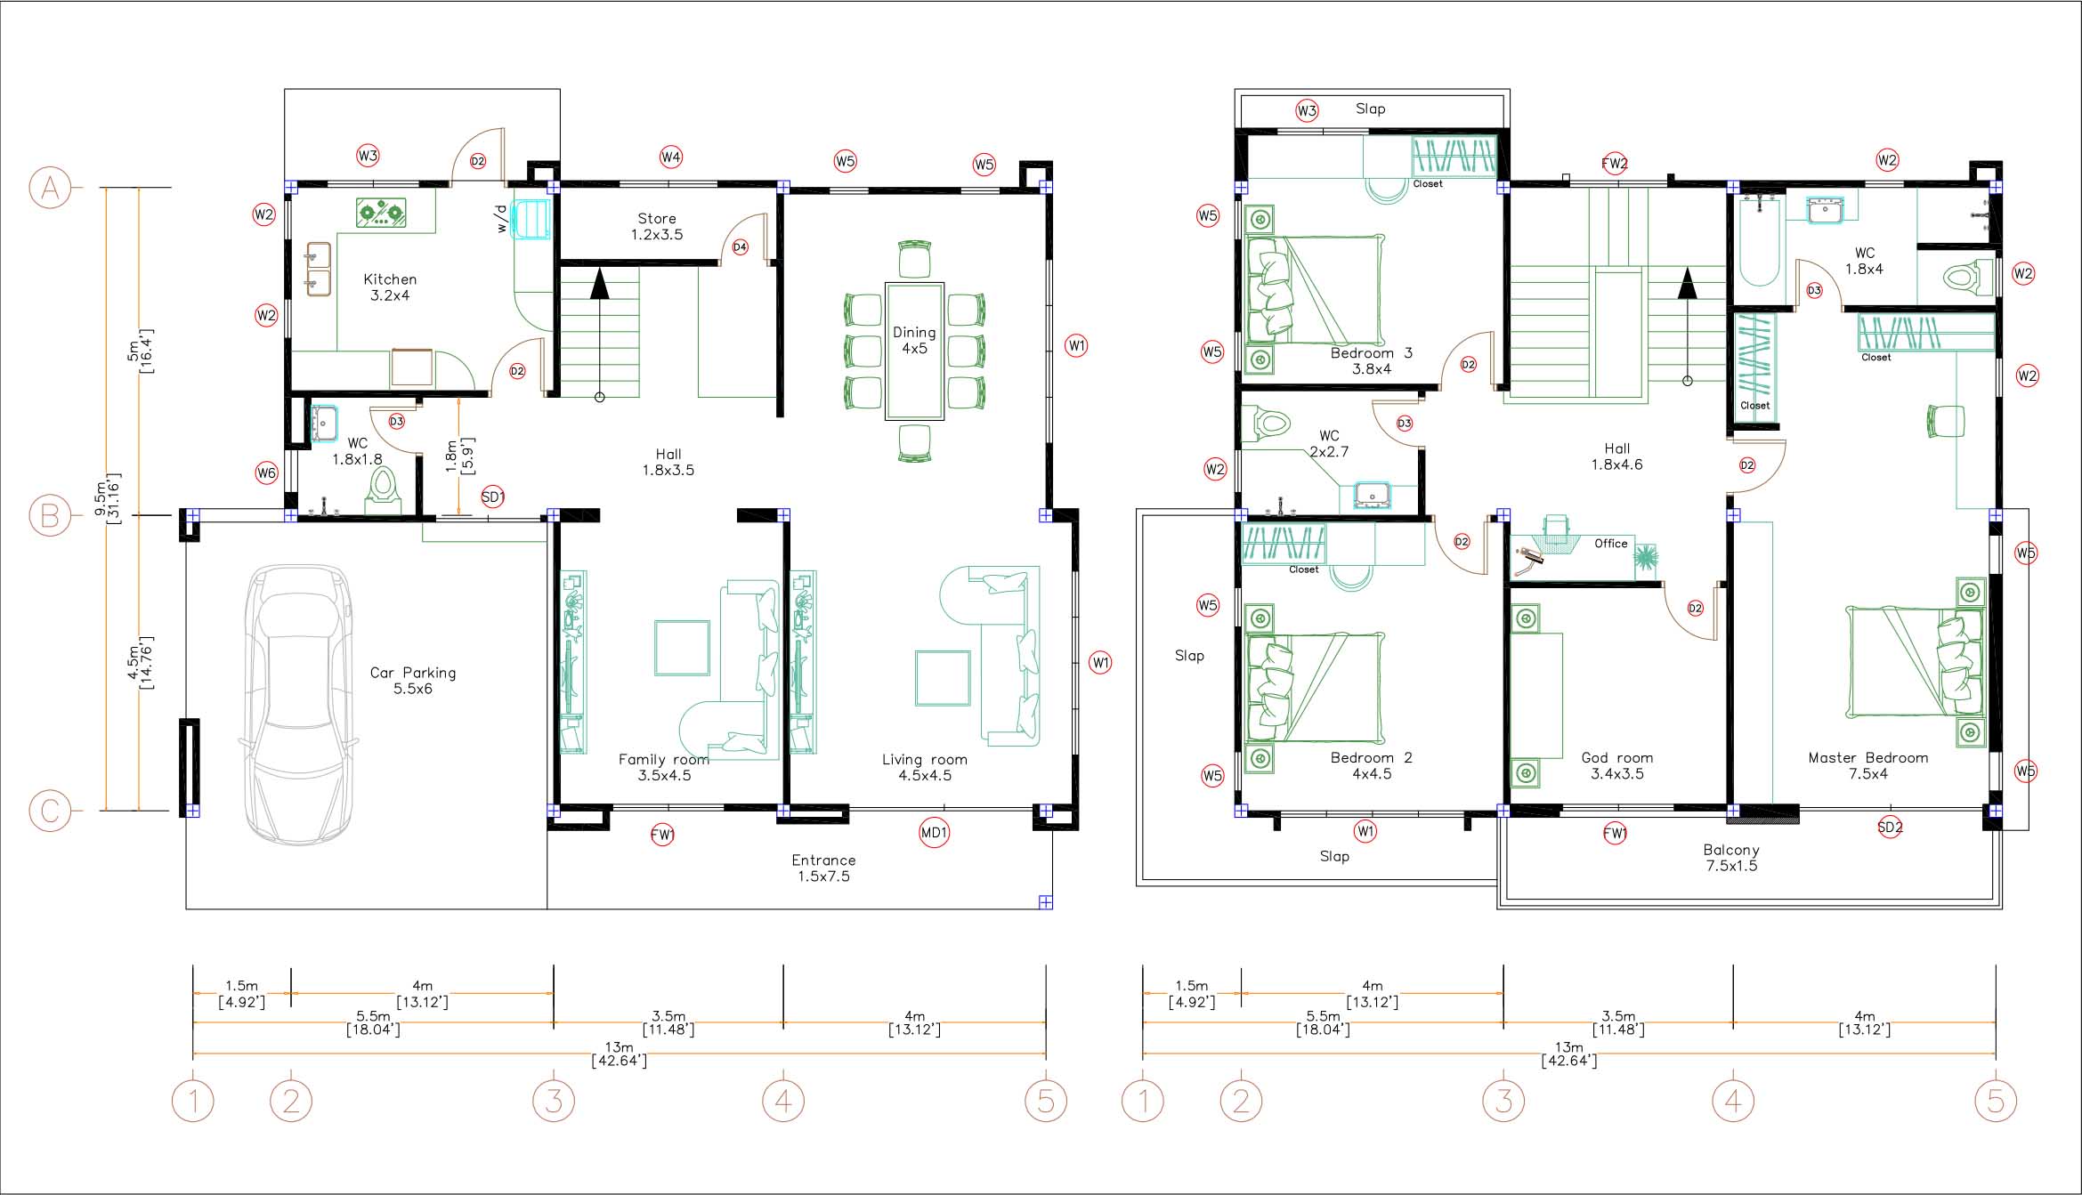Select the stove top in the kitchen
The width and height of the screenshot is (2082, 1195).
(x=381, y=213)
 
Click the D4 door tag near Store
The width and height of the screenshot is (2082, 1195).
(x=740, y=246)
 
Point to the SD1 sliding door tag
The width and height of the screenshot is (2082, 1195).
(x=492, y=497)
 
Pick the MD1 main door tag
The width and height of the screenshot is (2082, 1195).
(x=934, y=833)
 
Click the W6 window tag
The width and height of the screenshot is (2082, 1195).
(x=266, y=472)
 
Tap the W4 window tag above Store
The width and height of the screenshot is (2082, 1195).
(x=670, y=157)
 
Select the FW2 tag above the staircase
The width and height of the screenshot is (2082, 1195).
(x=1614, y=163)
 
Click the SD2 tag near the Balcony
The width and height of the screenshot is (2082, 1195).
(x=1890, y=827)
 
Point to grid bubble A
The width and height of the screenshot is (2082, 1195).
(x=50, y=188)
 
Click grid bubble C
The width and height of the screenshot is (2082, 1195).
(x=50, y=811)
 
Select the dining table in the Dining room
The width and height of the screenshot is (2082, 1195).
(x=914, y=351)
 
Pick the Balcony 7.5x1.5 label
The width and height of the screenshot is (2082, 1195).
(x=1731, y=858)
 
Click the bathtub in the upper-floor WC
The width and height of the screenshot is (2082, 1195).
(x=1759, y=239)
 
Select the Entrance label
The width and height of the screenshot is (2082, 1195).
(x=823, y=860)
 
